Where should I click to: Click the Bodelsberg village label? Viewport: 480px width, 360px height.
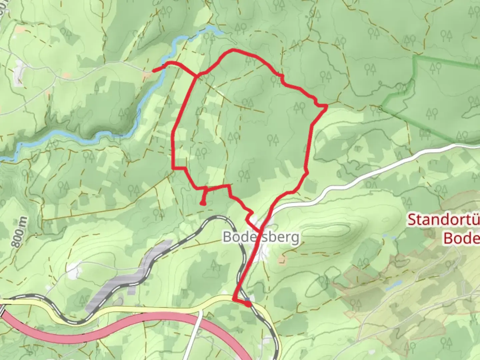pos(261,237)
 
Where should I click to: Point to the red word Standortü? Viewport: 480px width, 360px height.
pos(443,220)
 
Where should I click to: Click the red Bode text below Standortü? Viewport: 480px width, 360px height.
pos(462,238)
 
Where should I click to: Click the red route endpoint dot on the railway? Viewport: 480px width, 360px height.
pos(248,304)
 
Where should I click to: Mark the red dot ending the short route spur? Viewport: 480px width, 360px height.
pos(203,203)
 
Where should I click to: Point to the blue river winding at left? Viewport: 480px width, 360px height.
pos(83,135)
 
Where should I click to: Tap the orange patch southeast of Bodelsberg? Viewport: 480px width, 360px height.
pos(283,260)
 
